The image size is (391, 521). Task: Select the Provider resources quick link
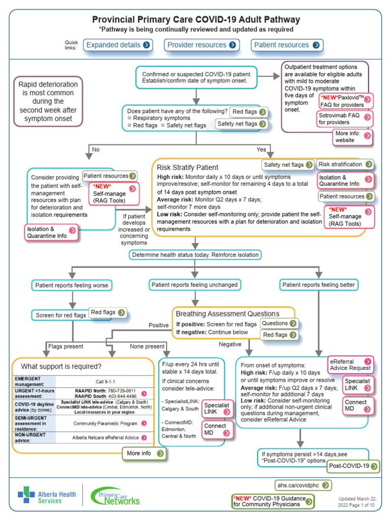point(202,45)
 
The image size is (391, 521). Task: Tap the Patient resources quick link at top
point(287,45)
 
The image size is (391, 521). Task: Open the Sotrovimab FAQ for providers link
point(345,119)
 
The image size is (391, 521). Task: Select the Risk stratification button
point(345,165)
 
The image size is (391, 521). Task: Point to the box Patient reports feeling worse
point(71,285)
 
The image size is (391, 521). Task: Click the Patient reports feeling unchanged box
point(195,285)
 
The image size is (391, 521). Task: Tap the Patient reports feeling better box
point(319,285)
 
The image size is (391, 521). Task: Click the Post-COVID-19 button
point(353,466)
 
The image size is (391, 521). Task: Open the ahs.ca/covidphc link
point(302,485)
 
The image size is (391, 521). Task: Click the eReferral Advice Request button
point(350,364)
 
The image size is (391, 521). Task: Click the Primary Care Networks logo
point(115,496)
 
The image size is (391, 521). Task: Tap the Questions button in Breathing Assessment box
point(278,324)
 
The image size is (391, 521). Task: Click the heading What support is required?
point(61,367)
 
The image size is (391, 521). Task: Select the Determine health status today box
point(196,255)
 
